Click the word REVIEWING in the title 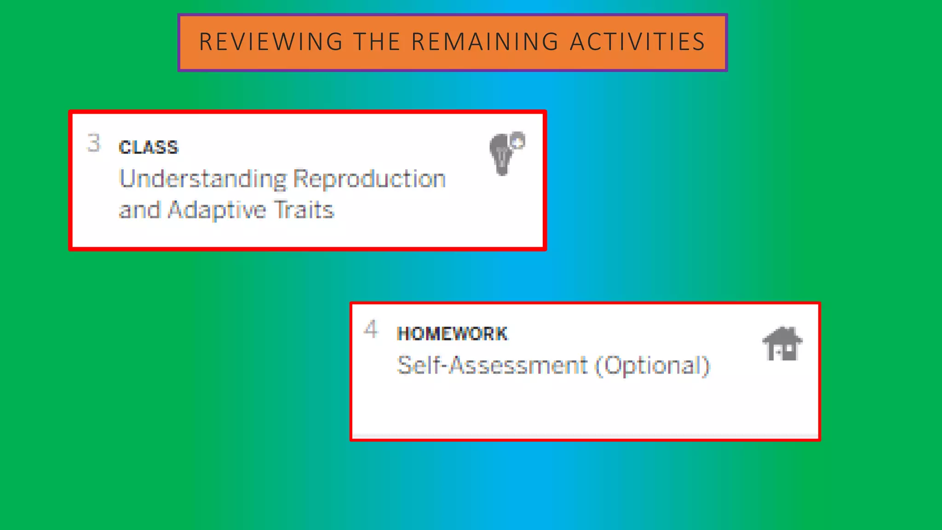click(x=271, y=42)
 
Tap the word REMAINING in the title click(x=485, y=42)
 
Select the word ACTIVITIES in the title click(x=638, y=42)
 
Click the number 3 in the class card click(x=94, y=143)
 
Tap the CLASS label click(x=148, y=148)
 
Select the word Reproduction click(x=370, y=179)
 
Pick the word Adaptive click(x=217, y=210)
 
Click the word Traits click(x=304, y=210)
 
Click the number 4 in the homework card click(x=371, y=329)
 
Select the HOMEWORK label click(x=452, y=334)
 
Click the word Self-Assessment click(x=492, y=366)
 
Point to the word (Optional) click(x=652, y=366)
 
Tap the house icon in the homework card click(x=782, y=344)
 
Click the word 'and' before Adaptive click(x=139, y=210)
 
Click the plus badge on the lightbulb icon click(x=518, y=141)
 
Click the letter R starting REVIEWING click(x=205, y=42)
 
